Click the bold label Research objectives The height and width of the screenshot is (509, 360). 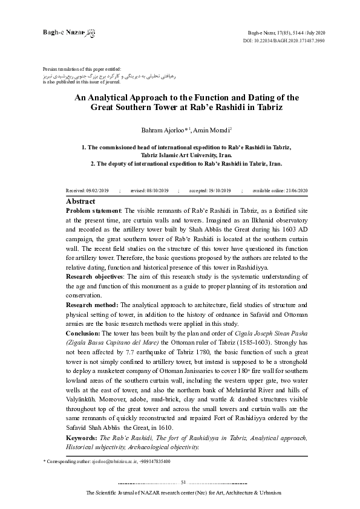point(94,275)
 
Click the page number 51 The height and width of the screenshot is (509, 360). point(184,482)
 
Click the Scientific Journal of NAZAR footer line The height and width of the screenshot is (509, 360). point(184,493)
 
